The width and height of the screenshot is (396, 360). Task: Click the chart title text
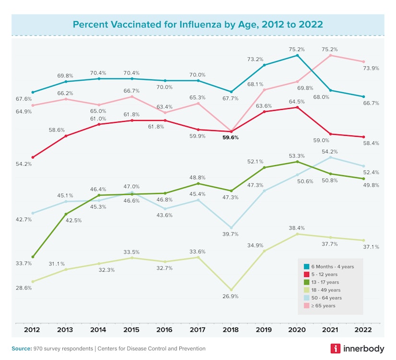click(x=198, y=24)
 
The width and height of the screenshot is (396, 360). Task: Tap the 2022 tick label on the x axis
click(x=363, y=330)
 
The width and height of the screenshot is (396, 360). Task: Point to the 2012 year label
click(x=33, y=330)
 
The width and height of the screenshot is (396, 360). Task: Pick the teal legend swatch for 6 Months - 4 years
click(x=306, y=266)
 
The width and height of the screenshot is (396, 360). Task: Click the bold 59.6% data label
click(x=230, y=137)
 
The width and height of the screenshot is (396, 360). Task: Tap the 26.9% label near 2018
click(x=231, y=297)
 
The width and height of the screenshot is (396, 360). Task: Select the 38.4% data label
click(x=297, y=228)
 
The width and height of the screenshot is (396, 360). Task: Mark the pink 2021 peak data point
click(x=330, y=55)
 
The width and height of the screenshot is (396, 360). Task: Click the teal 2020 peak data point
click(x=297, y=55)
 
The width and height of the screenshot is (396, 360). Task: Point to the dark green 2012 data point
click(x=33, y=257)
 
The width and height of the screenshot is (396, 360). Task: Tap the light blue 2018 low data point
click(x=231, y=228)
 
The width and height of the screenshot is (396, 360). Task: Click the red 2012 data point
click(x=33, y=157)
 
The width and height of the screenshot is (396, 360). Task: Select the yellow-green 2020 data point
click(x=297, y=234)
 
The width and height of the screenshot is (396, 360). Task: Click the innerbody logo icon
click(x=336, y=349)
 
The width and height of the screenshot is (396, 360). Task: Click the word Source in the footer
click(x=22, y=348)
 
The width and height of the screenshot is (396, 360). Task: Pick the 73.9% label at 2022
click(x=371, y=69)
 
